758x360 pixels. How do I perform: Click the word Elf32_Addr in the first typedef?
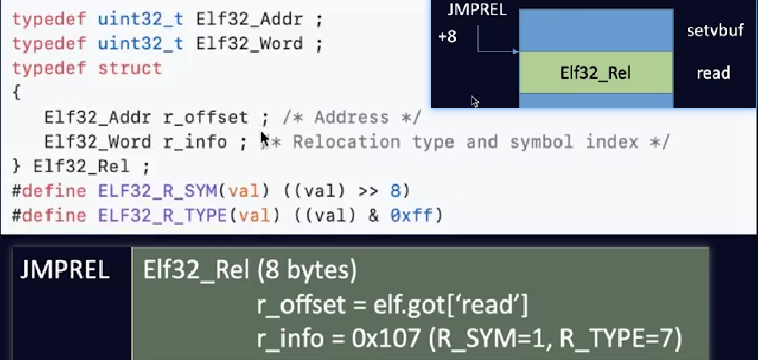pos(249,20)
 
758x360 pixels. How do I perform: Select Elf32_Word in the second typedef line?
pos(249,44)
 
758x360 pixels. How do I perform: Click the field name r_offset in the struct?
pos(206,117)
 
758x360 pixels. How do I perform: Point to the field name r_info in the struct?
pos(195,141)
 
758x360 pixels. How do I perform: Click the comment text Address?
pos(353,117)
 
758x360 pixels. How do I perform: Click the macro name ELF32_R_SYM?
pos(157,190)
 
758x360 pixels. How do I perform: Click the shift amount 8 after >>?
pos(396,190)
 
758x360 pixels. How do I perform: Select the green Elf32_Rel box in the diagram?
pos(596,73)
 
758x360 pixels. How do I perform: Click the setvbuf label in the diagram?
pos(715,31)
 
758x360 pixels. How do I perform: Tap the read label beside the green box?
pos(713,73)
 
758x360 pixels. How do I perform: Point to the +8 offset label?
pos(447,37)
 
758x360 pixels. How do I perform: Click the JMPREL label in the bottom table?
pos(64,271)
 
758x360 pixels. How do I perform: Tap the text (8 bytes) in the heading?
pos(307,271)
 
